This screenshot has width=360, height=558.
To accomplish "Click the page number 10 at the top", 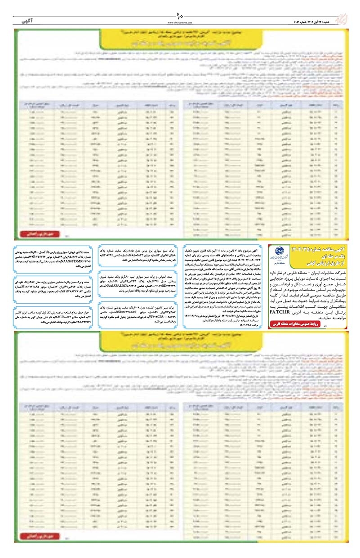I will click(180, 18).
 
